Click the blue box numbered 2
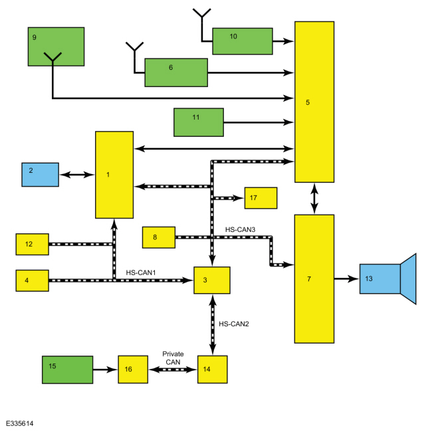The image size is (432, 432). [41, 175]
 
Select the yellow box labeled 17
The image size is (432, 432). [261, 198]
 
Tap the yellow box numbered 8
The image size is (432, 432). [159, 237]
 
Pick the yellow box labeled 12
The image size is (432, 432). [33, 245]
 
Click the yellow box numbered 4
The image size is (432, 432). [33, 280]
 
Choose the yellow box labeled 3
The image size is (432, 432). [212, 280]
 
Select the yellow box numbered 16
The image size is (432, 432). [133, 370]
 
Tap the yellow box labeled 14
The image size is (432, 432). [213, 370]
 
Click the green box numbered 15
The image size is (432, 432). [68, 370]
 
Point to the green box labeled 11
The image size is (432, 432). [199, 122]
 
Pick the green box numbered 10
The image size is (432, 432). [243, 41]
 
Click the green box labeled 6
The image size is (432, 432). [176, 72]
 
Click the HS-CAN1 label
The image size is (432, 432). [141, 272]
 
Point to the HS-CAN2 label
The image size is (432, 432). [234, 324]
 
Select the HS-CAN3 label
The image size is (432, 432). [240, 229]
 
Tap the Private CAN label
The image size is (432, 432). [173, 358]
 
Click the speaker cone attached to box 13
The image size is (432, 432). [408, 279]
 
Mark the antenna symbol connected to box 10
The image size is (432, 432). [202, 19]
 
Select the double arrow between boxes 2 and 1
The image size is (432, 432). [77, 175]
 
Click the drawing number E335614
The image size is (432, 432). [19, 423]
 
